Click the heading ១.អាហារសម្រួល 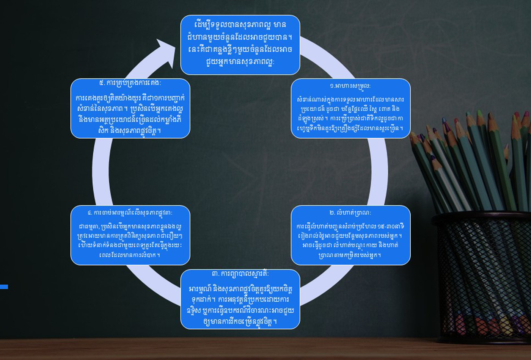[x=350, y=86]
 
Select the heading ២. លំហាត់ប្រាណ [x=350, y=213]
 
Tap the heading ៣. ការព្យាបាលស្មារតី [x=240, y=274]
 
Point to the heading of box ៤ [x=130, y=213]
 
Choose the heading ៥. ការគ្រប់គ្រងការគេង [x=130, y=83]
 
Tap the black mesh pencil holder [x=482, y=277]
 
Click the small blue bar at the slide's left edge [x=4, y=287]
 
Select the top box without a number [x=240, y=45]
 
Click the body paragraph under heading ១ [x=350, y=114]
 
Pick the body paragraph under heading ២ [x=350, y=241]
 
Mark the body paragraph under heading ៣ [x=240, y=305]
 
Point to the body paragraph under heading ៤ [x=130, y=241]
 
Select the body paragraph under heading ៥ [x=130, y=114]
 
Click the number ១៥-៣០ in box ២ [x=385, y=227]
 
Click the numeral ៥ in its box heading [x=101, y=83]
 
